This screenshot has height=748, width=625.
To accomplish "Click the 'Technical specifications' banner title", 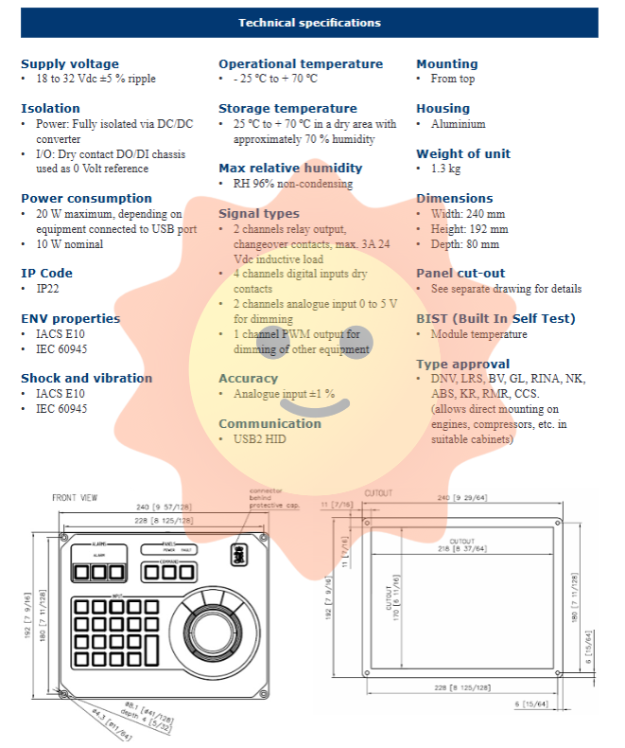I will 310,23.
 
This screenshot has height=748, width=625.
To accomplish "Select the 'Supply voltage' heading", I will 70,63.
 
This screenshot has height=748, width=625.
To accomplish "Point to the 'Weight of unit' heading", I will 463,153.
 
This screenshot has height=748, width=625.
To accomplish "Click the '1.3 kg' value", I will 447,169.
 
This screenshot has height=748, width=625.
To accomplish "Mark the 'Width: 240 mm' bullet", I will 468,214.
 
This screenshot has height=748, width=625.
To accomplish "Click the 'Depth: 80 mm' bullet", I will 464,244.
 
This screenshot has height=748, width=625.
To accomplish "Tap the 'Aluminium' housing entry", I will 458,124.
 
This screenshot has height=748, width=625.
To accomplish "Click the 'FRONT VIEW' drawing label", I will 76,497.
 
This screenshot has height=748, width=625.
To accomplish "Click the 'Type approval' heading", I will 462,364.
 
